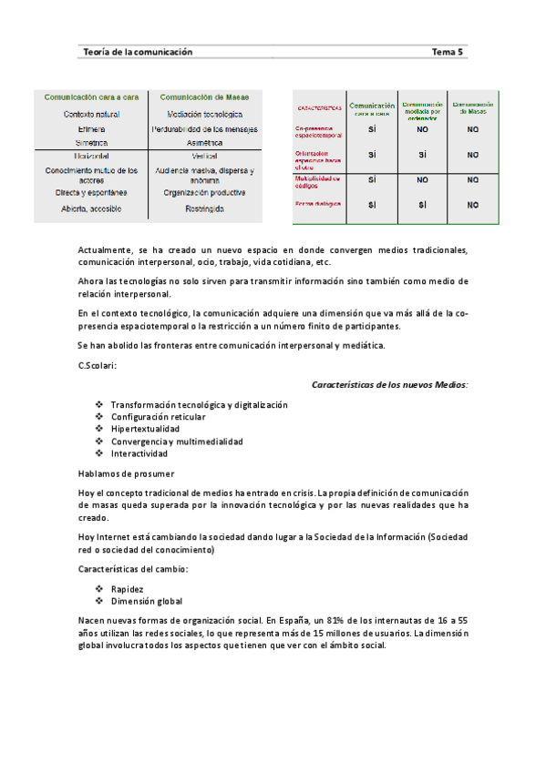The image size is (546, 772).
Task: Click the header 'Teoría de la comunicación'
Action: pyautogui.click(x=138, y=53)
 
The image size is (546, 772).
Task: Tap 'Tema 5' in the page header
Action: pyautogui.click(x=448, y=53)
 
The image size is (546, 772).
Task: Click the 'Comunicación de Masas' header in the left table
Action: pyautogui.click(x=204, y=96)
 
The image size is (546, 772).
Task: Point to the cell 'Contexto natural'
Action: pyautogui.click(x=91, y=115)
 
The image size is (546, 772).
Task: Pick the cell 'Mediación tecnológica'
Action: pyautogui.click(x=204, y=115)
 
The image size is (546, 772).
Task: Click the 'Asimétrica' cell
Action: pyautogui.click(x=204, y=143)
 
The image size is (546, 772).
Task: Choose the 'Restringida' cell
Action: pyautogui.click(x=204, y=209)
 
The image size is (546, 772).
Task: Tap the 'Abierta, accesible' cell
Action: pyautogui.click(x=91, y=209)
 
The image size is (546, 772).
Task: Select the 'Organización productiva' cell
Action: pyautogui.click(x=204, y=193)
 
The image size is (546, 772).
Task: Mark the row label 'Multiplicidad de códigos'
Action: pyautogui.click(x=317, y=182)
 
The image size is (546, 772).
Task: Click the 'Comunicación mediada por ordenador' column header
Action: pyautogui.click(x=422, y=110)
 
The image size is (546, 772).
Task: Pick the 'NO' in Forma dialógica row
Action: pyautogui.click(x=472, y=206)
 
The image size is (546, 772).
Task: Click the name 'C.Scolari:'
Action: pyautogui.click(x=98, y=365)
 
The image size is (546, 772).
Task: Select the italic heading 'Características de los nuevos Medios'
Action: pyautogui.click(x=390, y=384)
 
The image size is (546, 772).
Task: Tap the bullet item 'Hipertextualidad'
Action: pyautogui.click(x=145, y=429)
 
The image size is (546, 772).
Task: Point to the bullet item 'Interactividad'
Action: pyautogui.click(x=139, y=453)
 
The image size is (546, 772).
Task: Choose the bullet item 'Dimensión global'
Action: pyautogui.click(x=146, y=601)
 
